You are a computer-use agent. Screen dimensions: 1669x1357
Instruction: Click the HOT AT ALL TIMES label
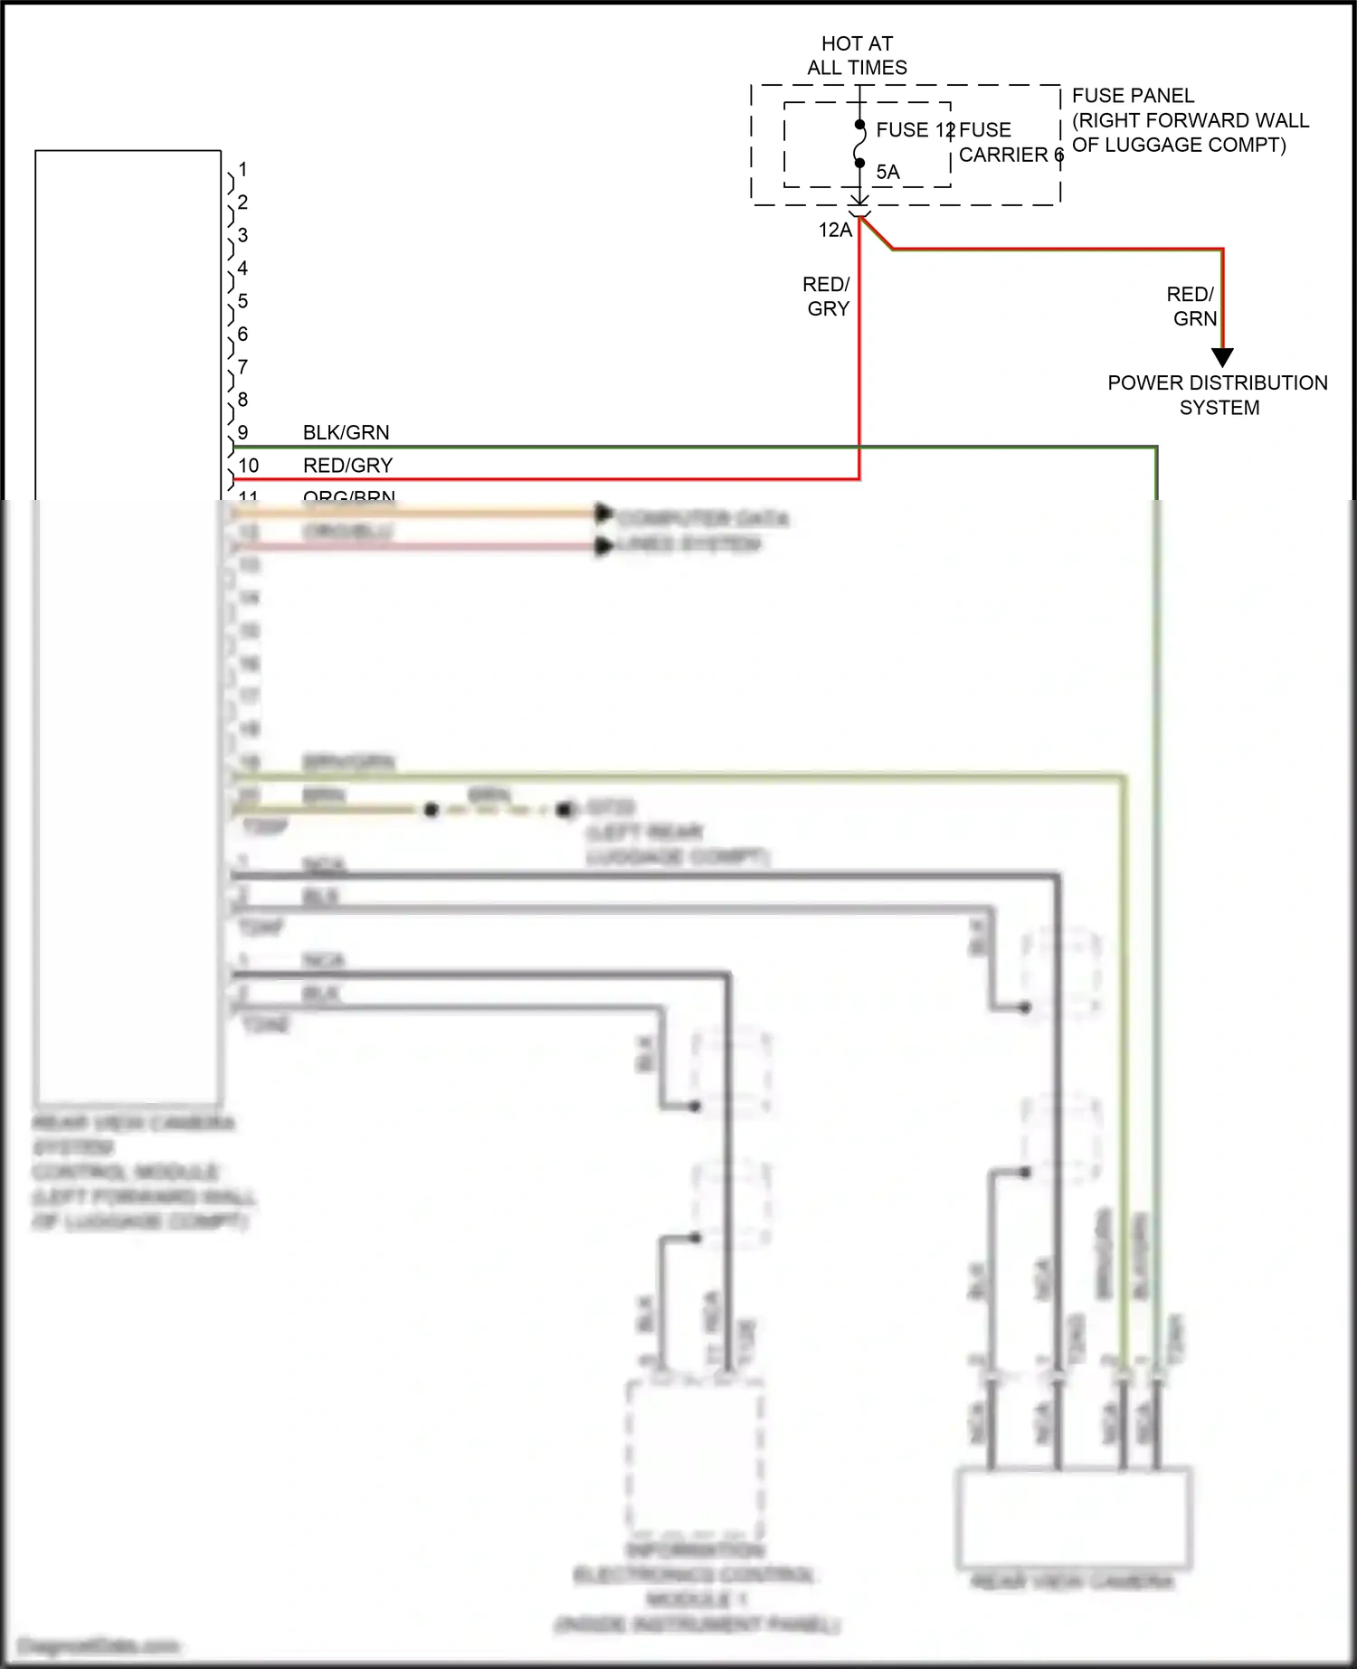857,55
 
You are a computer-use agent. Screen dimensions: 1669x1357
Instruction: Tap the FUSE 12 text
914,130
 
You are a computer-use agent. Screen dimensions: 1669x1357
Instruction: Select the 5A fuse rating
887,172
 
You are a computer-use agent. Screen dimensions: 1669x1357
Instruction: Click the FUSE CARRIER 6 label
1009,143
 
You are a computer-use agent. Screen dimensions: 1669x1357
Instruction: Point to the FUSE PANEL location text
1190,120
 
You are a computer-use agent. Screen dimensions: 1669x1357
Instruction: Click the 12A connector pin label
835,231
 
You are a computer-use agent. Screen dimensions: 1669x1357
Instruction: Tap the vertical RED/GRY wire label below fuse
827,297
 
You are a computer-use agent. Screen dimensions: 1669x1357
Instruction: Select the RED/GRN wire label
1192,306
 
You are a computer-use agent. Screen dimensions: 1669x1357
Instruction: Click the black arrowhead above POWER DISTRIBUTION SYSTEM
1222,358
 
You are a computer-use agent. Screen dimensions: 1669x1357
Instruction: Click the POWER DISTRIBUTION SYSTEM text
1218,395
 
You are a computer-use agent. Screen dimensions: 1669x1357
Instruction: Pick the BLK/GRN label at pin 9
346,432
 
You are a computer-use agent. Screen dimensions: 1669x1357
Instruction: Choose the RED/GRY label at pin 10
347,466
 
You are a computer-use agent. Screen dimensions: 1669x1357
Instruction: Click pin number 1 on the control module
242,169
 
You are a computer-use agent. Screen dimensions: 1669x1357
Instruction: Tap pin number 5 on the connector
242,301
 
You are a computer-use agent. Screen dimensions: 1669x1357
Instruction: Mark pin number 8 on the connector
242,400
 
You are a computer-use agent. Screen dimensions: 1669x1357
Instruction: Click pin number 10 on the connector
248,466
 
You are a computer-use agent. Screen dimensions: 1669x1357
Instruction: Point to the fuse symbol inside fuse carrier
859,145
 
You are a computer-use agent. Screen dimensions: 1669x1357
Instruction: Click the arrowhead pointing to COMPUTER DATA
603,514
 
